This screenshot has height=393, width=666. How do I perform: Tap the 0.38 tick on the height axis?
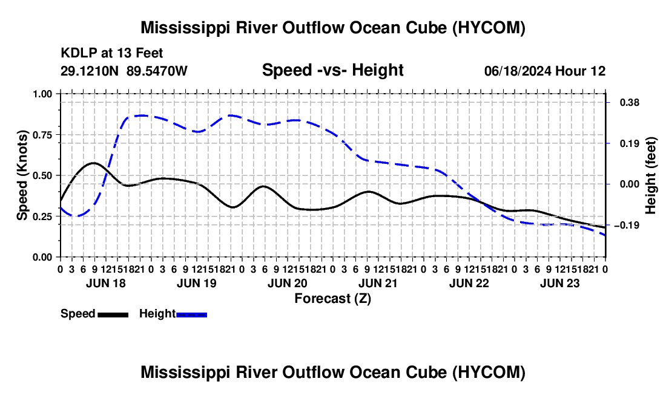[630, 103]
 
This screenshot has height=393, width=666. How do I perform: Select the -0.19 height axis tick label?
[627, 225]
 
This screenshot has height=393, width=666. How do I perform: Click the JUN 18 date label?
[106, 283]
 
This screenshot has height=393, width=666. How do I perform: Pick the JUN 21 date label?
[378, 283]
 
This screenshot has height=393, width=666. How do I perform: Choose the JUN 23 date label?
[560, 283]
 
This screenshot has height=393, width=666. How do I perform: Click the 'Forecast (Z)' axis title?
[333, 299]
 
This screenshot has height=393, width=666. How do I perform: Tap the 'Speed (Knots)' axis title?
[22, 175]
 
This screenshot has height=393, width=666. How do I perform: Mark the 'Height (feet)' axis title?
[651, 175]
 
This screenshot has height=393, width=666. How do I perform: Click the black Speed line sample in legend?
[113, 314]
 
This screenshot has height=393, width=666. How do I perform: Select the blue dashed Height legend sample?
[191, 314]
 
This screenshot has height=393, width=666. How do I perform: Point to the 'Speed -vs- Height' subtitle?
[332, 70]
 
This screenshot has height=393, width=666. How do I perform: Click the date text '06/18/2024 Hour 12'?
[545, 71]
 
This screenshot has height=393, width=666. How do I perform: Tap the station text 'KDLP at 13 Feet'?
[112, 53]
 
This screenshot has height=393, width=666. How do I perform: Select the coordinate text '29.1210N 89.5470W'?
[124, 71]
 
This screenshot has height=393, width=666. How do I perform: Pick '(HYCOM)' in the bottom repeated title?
[489, 372]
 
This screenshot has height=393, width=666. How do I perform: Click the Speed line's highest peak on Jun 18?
[93, 163]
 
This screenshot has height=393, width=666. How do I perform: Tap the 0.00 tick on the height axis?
[630, 184]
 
